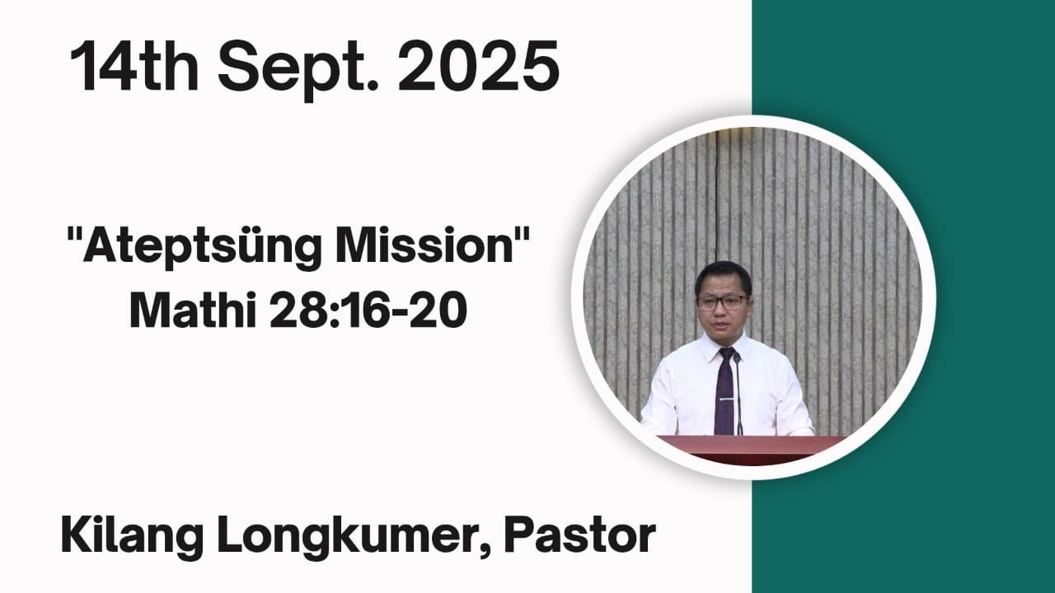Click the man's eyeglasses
[722, 301]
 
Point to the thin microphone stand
[738, 395]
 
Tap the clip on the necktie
[725, 399]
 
